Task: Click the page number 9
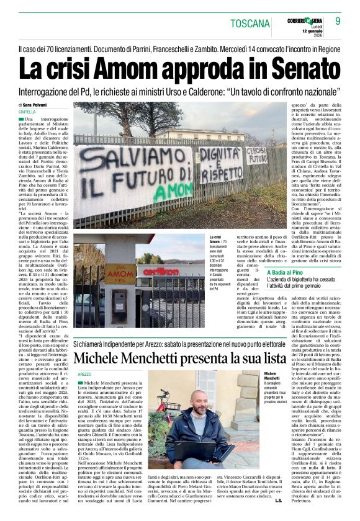coord(338,22)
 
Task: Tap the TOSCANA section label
coord(250,24)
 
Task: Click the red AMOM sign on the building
coord(120,274)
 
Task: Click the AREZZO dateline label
coord(84,375)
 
